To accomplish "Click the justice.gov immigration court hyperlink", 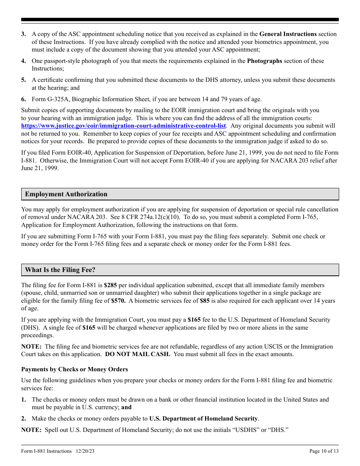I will tap(124, 126).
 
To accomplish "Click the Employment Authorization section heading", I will tap(66, 194).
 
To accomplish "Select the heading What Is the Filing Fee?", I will tap(60, 270).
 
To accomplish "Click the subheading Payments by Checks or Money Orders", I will tap(75, 369).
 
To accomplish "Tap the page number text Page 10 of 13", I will tap(324, 451).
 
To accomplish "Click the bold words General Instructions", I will tap(288, 34).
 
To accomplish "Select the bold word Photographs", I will tap(265, 61).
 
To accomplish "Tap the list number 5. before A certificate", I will tap(23, 80).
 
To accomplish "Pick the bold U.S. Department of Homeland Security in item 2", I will tap(203, 419).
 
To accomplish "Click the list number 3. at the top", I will tap(23, 34).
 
